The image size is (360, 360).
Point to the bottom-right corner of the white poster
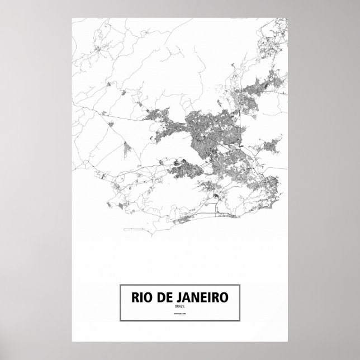[287, 342]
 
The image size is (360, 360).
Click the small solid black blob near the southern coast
[217, 196]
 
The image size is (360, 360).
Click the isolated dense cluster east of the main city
[274, 146]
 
